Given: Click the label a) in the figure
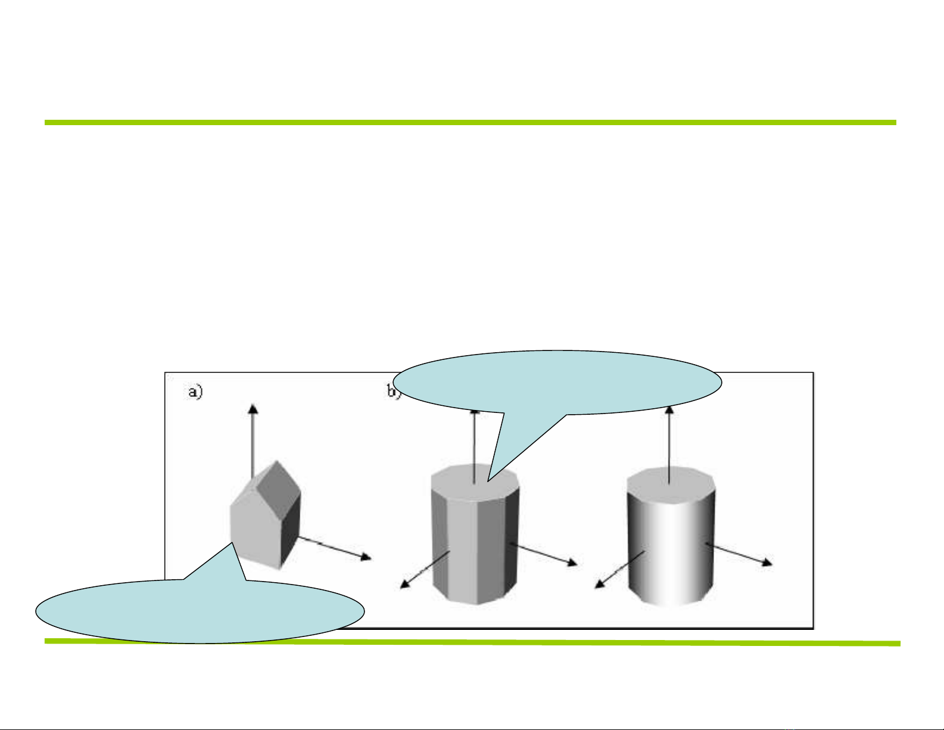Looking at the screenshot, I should coord(195,392).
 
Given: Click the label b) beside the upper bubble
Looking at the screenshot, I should coord(393,392).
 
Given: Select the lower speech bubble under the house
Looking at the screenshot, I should coord(200,611).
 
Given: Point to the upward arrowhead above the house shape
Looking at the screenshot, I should coord(253,409).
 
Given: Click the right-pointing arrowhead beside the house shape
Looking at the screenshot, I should coord(365,557).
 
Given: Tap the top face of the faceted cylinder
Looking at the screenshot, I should coord(475,479).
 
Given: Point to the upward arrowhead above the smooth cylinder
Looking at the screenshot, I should coord(669,410).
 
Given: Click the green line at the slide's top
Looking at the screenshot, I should coord(471,122).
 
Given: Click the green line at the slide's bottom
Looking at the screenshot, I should coord(471,642).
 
